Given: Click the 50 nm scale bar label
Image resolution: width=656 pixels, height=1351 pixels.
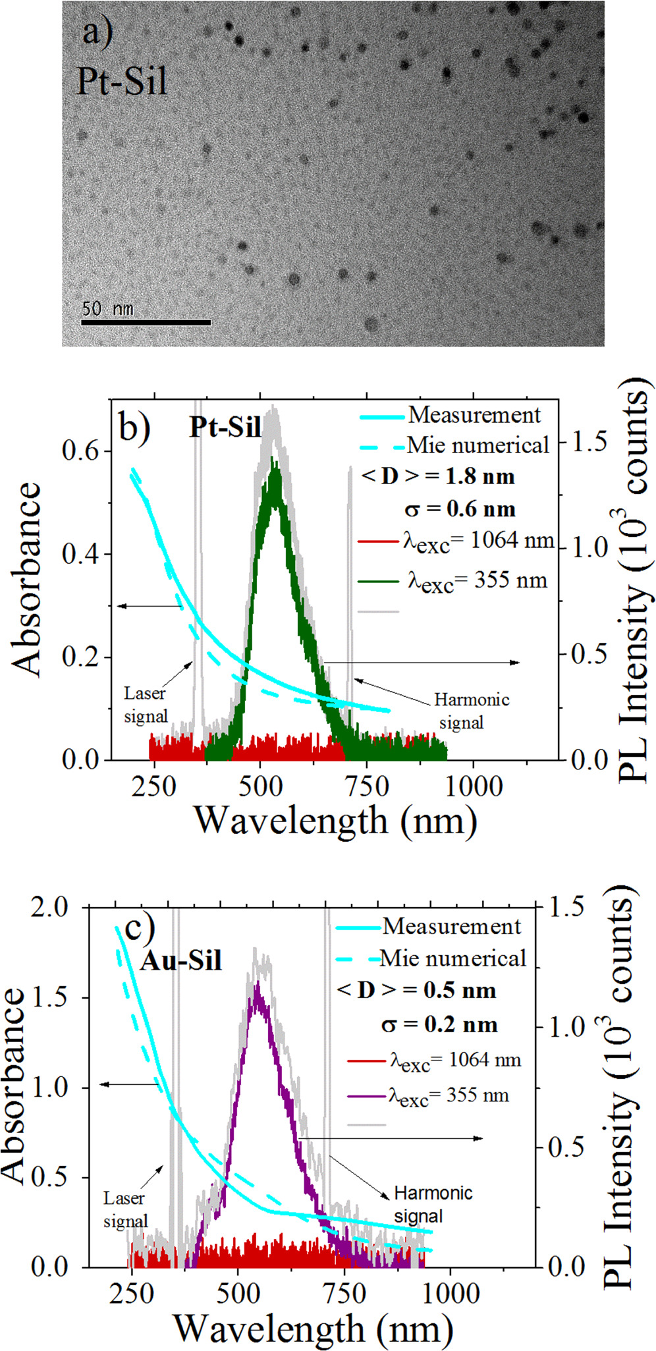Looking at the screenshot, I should click(107, 308).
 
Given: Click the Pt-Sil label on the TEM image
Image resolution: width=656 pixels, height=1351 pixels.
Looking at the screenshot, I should click(122, 82).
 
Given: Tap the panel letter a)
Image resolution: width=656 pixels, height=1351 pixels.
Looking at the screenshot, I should click(97, 30).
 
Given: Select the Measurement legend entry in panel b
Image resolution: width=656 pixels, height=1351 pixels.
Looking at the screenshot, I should click(474, 416).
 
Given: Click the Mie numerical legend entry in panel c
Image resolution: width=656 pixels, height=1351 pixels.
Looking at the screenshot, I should click(453, 958).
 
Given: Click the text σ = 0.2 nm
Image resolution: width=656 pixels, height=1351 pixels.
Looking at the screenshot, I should click(439, 1025).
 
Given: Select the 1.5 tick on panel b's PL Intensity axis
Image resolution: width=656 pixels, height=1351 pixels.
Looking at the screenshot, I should click(589, 442).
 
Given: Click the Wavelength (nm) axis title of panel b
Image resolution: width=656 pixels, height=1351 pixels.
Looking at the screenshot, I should click(336, 821).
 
